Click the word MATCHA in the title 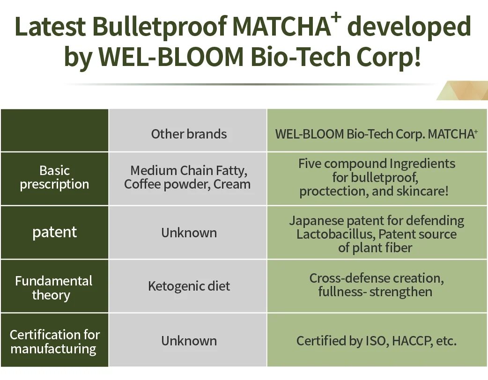(281, 26)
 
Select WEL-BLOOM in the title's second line (171, 57)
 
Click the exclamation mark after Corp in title (417, 56)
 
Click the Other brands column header (189, 134)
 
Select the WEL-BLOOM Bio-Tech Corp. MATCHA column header (376, 134)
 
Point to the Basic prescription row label (54, 177)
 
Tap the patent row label (54, 232)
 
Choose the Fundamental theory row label (53, 288)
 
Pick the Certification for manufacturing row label (54, 342)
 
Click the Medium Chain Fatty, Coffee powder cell (187, 177)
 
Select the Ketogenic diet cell (189, 286)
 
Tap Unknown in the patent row (189, 233)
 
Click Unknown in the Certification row (189, 341)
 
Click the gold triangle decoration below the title (463, 90)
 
